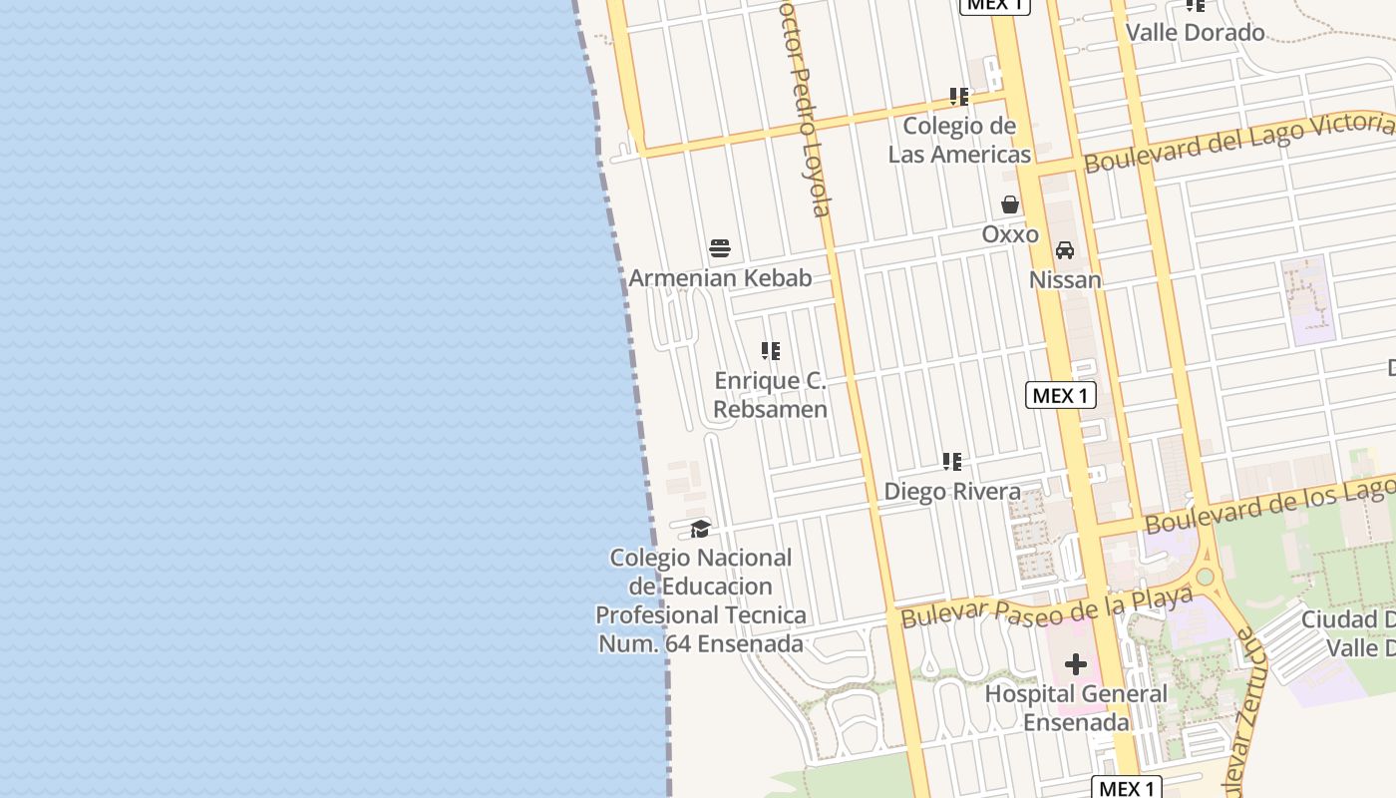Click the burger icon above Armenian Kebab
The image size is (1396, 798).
[x=720, y=248]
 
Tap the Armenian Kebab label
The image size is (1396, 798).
[x=720, y=278]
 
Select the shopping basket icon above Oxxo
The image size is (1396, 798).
[x=1010, y=204]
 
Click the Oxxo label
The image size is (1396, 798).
[x=1010, y=234]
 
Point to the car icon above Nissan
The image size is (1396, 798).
[x=1065, y=249]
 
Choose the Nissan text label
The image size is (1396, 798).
[x=1065, y=280]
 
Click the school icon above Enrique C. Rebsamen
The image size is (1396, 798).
[x=770, y=351]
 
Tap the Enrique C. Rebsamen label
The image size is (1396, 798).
[x=770, y=395]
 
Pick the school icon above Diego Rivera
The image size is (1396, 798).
[x=952, y=462]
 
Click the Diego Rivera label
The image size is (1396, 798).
[x=952, y=492]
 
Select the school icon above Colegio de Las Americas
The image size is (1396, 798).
[x=959, y=97]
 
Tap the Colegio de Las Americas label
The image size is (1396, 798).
[x=959, y=141]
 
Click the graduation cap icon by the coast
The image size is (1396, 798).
[x=701, y=529]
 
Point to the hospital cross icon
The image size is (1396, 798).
[x=1075, y=664]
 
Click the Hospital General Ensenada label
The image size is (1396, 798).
[x=1075, y=707]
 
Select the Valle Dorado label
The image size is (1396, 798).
[x=1195, y=32]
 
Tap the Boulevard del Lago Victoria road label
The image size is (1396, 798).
[x=1238, y=143]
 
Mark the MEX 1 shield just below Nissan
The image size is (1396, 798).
[x=1060, y=396]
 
